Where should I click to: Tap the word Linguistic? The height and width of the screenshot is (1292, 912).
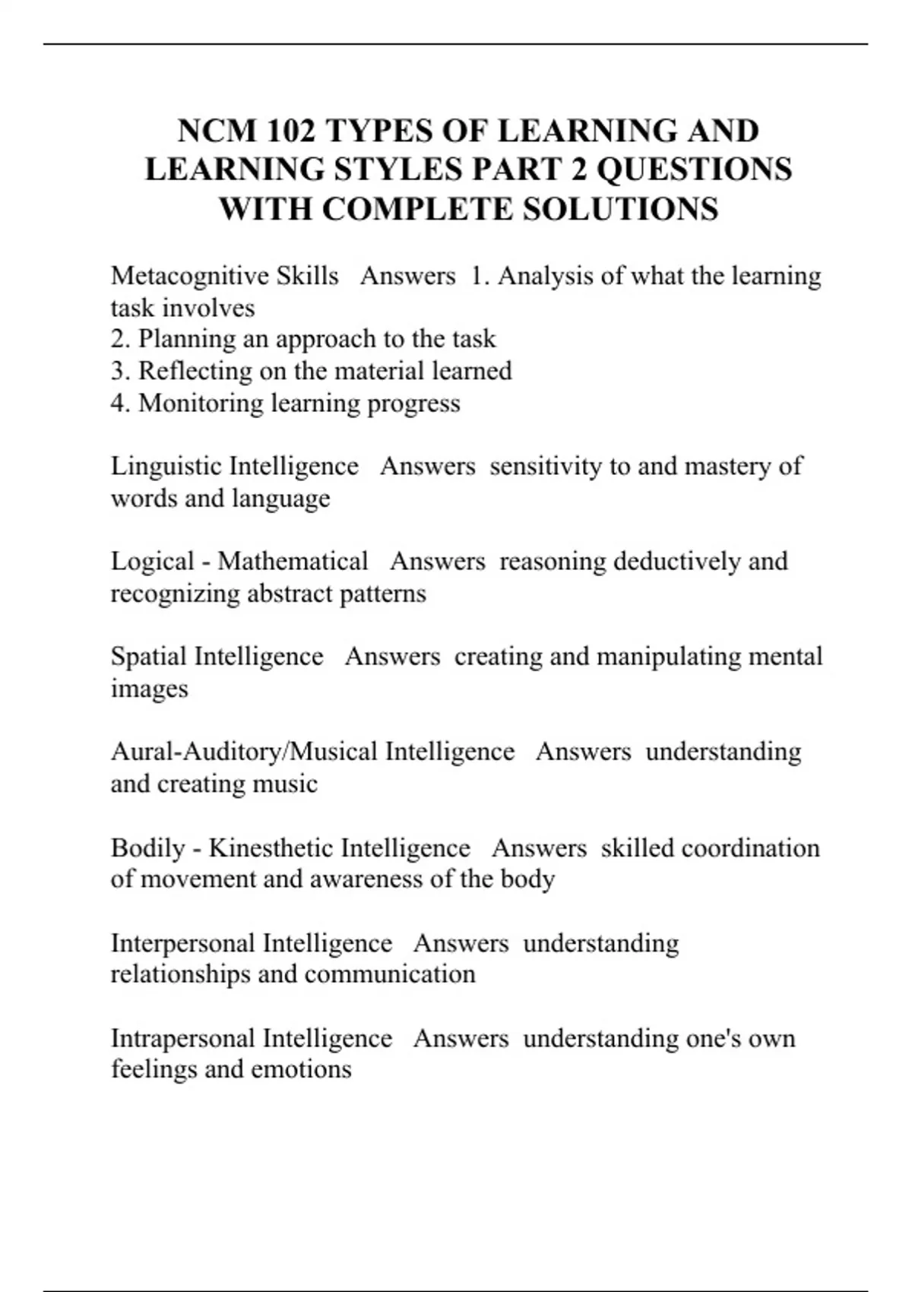pos(166,466)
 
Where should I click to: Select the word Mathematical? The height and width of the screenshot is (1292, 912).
pos(293,562)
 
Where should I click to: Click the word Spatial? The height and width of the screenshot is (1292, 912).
pos(148,657)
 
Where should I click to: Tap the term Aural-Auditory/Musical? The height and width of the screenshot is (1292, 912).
pos(244,752)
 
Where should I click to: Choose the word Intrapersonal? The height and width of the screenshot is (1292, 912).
pos(183,1038)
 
